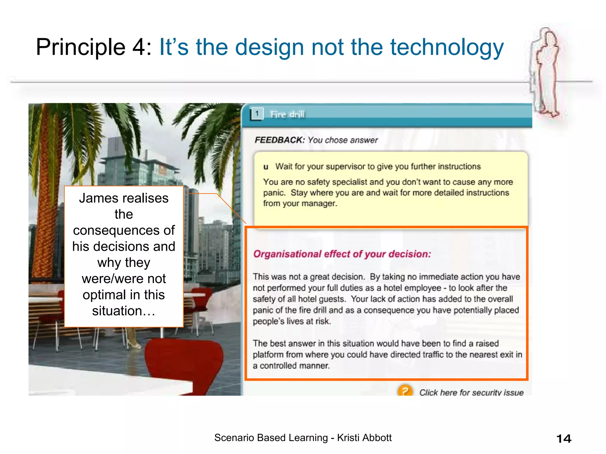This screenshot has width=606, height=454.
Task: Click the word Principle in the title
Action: [x=80, y=47]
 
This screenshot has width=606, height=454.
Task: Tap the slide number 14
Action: [x=564, y=439]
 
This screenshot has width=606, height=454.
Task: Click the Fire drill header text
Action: [x=287, y=114]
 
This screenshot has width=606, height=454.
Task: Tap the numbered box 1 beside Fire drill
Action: [x=257, y=113]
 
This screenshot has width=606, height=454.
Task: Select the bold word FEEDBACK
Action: [x=279, y=140]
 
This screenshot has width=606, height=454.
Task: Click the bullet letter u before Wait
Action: [x=266, y=167]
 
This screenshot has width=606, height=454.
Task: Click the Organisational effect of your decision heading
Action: [x=342, y=254]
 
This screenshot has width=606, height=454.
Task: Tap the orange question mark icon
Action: [x=405, y=391]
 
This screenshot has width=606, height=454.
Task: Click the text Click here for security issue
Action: [x=471, y=393]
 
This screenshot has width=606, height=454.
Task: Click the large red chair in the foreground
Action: [x=183, y=364]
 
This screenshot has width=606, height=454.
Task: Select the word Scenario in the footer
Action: [x=233, y=438]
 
